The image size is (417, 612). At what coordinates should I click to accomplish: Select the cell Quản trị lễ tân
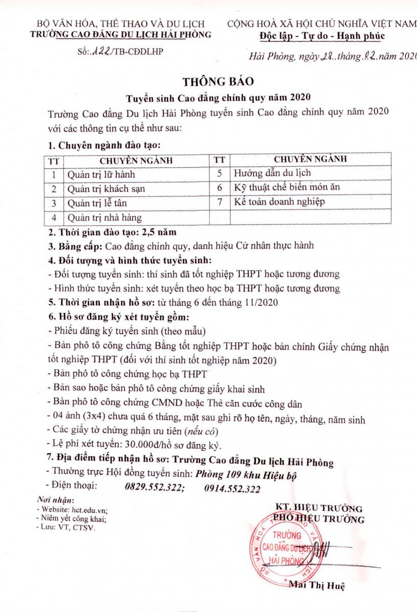tap(97, 203)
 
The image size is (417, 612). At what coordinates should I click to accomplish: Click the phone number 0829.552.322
tap(154, 488)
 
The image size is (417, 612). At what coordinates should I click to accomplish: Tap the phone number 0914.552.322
tap(232, 488)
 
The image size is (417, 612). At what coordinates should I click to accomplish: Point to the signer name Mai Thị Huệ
tap(317, 585)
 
